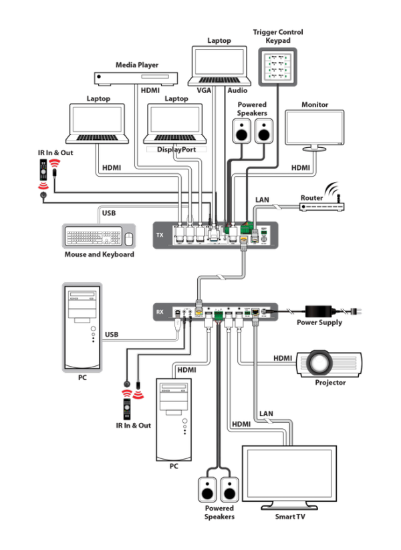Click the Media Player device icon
tap(135, 78)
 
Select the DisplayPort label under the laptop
tap(176, 150)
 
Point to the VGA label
tap(205, 89)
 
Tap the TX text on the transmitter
tap(159, 236)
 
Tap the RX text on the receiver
tap(159, 311)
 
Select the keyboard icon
tap(93, 237)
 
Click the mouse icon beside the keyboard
tap(129, 238)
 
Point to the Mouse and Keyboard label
tap(98, 255)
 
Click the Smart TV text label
tap(289, 517)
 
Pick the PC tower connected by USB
tap(82, 326)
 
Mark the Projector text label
tap(330, 383)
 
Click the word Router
tap(311, 198)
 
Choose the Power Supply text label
tap(319, 323)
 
